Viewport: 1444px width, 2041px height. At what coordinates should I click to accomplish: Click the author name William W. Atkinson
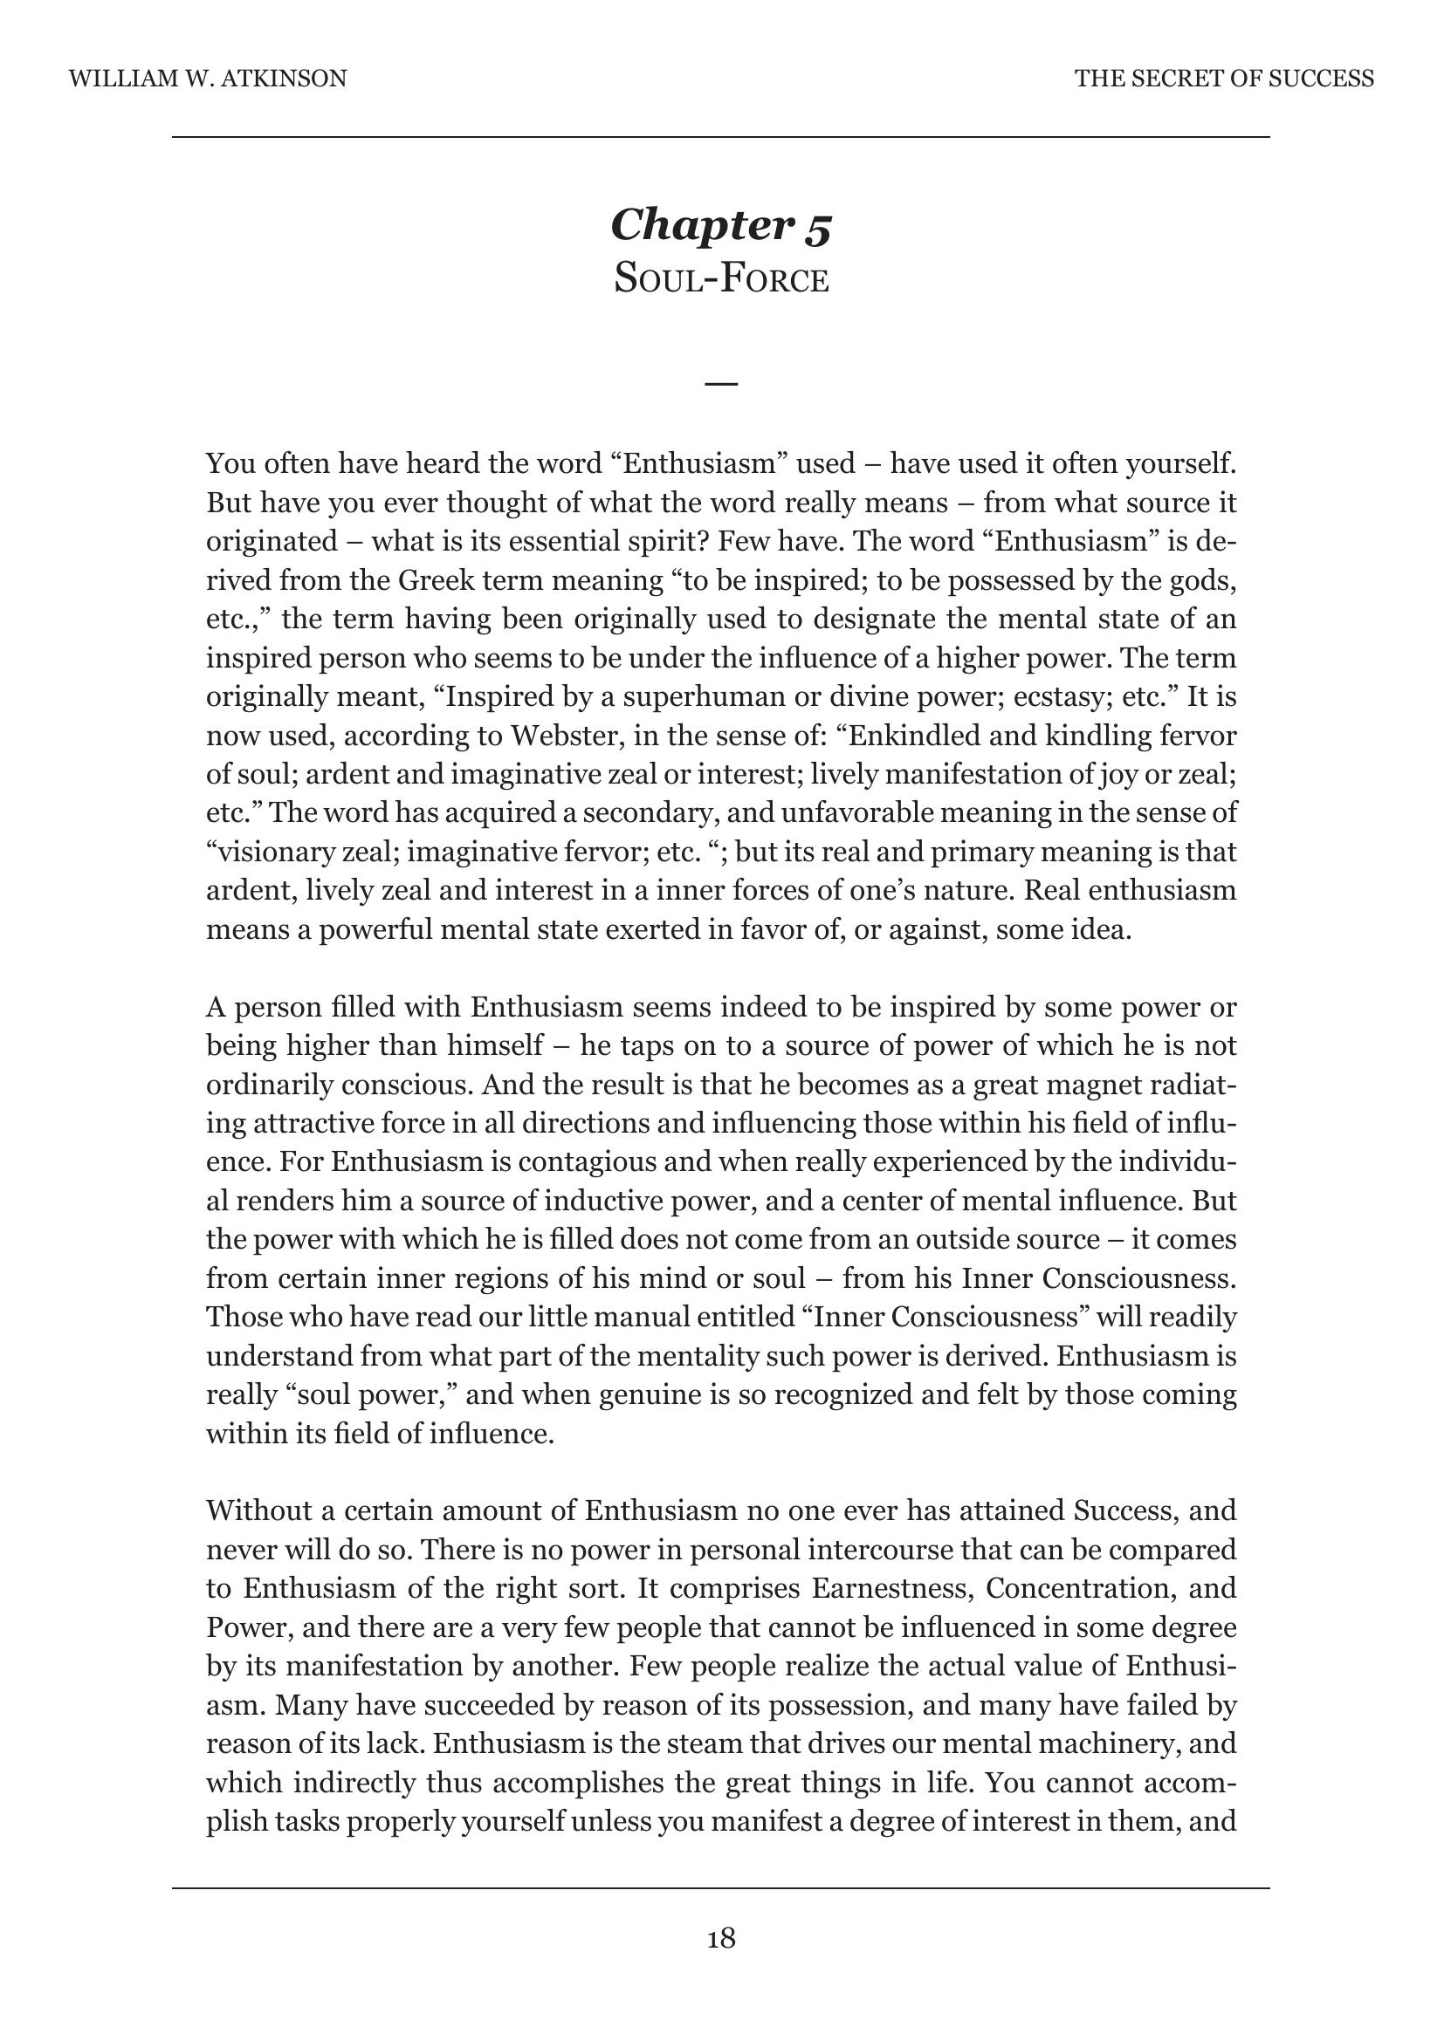(x=207, y=79)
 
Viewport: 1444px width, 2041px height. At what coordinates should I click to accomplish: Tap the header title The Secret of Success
(x=1223, y=79)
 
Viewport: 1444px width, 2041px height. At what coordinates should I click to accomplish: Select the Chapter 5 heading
(x=721, y=225)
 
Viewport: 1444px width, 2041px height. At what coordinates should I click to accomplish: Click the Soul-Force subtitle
(x=721, y=279)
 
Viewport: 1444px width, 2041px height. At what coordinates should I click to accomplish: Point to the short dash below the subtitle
(x=721, y=384)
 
